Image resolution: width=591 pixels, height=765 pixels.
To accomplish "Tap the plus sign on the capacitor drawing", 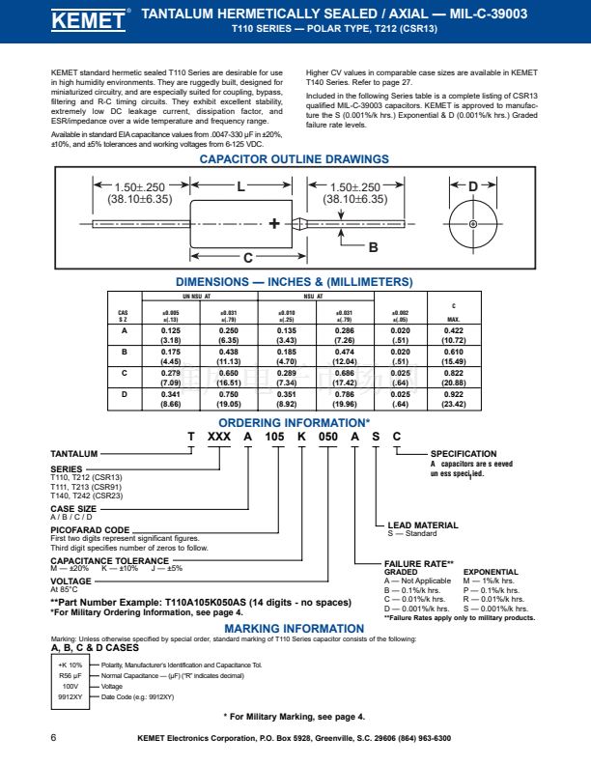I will pos(273,223).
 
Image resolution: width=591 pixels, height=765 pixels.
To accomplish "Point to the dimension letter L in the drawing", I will pos(241,185).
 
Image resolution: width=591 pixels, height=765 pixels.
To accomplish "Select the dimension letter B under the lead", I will pos(373,247).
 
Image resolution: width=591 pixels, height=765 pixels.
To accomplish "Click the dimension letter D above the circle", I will pos(473,185).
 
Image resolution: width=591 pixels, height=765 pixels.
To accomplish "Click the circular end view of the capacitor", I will pos(473,224).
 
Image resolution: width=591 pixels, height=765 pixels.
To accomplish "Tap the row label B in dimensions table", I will pos(123,352).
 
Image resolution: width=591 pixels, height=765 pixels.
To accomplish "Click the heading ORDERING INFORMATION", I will pos(293,423).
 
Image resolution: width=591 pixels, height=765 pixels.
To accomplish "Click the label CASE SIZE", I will pos(73,508).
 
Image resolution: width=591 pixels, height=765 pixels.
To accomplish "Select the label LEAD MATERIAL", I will pos(422,525).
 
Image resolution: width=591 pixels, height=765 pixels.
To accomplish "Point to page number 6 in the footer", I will pos(52,738).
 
